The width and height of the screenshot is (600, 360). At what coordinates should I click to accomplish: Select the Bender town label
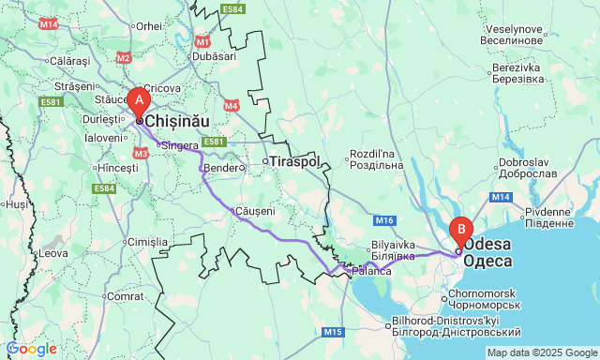coord(221,168)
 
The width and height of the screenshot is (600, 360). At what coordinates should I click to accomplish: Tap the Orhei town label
coord(149,26)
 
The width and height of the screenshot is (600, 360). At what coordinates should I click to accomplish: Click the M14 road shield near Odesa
coord(500,197)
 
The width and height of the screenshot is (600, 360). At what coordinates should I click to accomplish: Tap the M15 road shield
coord(333,332)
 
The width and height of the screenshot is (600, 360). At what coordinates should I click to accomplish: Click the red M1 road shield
coord(203,42)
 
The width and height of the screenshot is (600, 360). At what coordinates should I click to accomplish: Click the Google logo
coord(31,349)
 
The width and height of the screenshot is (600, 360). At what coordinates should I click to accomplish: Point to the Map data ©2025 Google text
coord(541,352)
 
